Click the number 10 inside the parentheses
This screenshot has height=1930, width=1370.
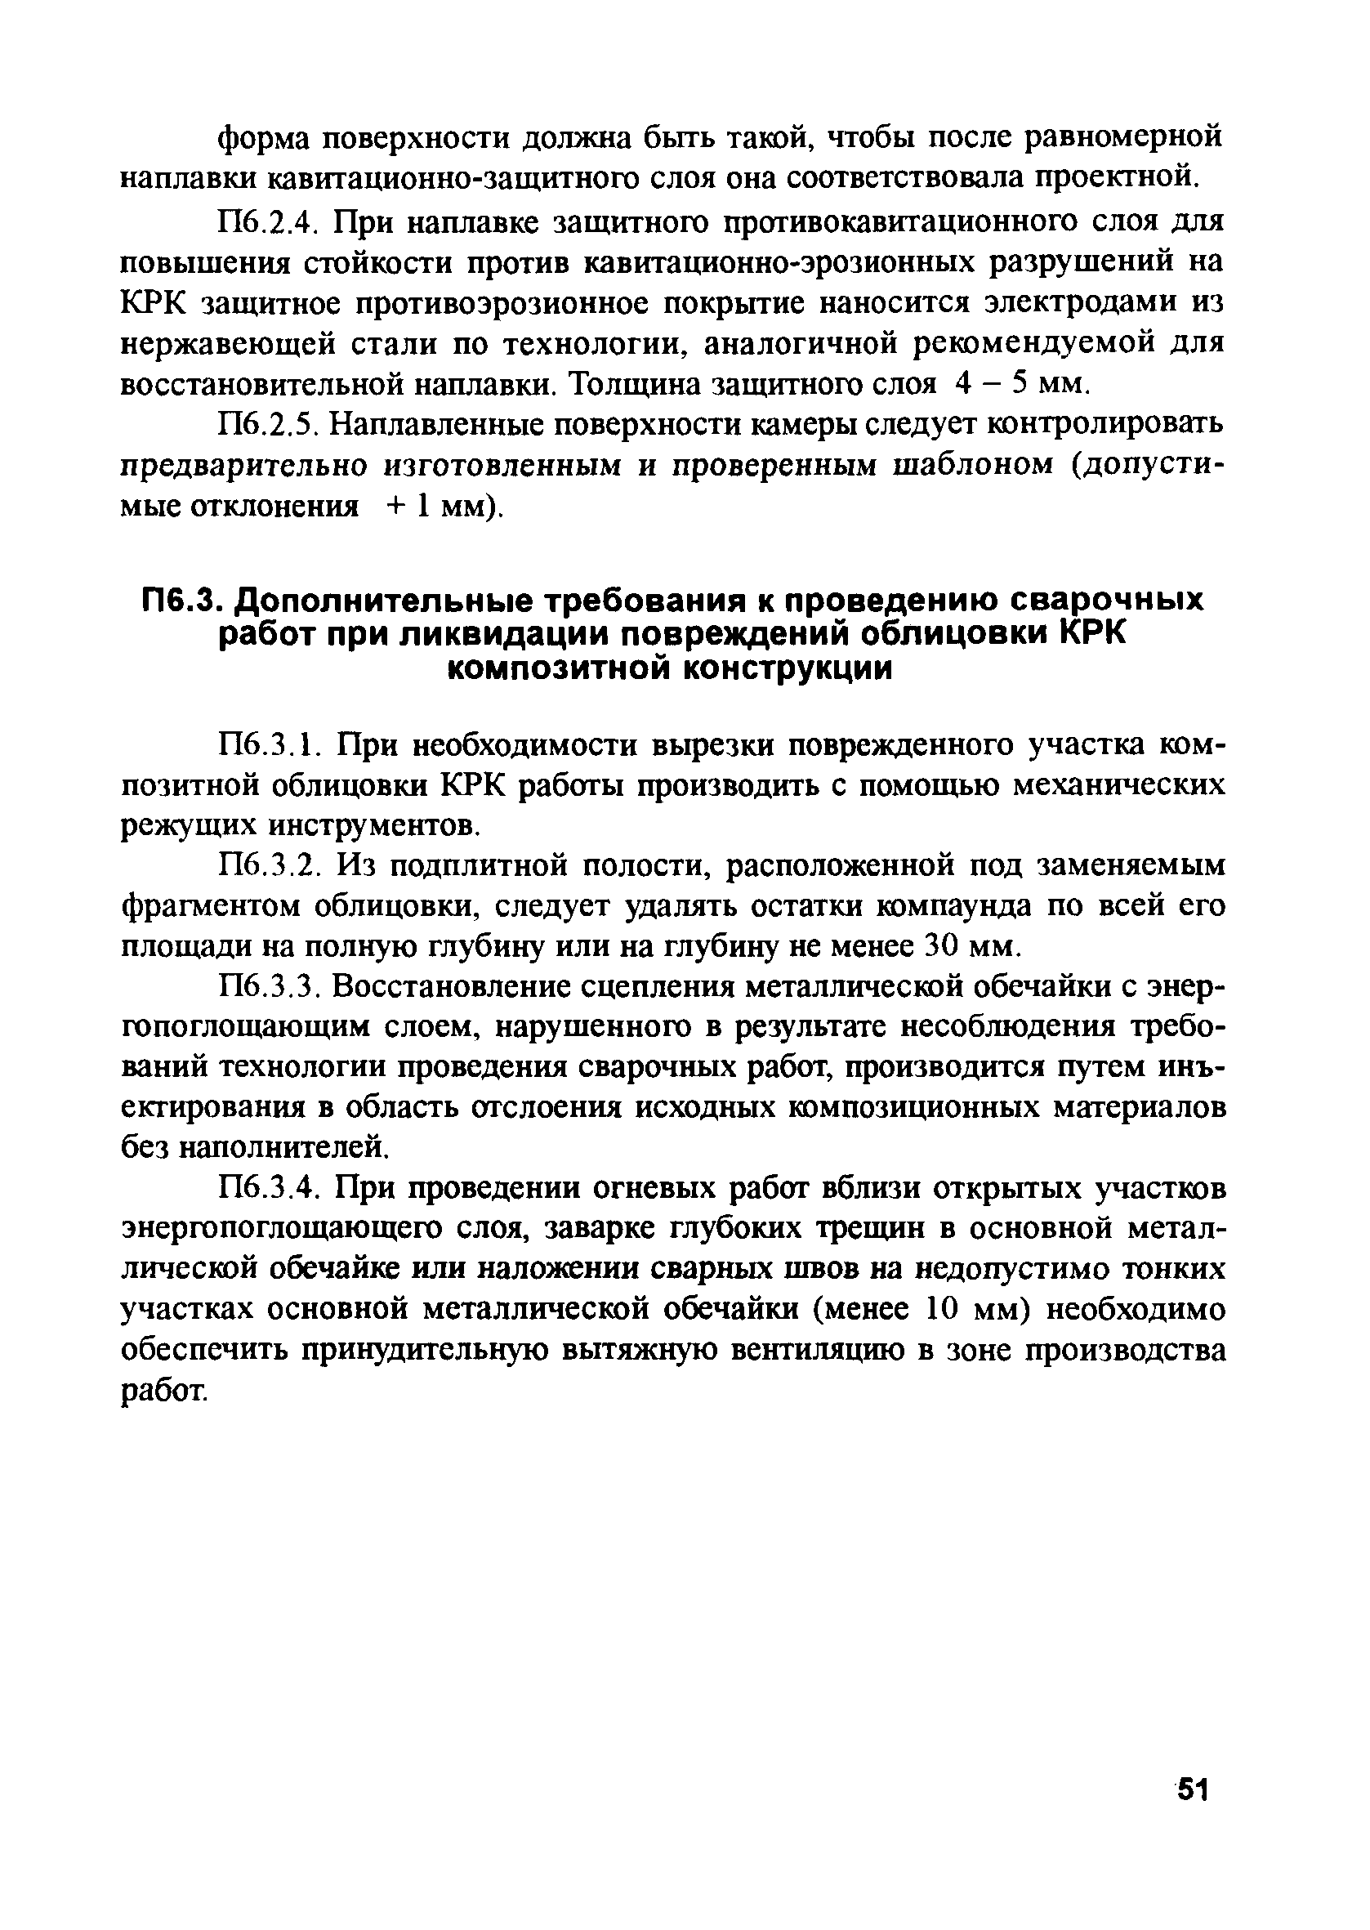point(944,1309)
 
